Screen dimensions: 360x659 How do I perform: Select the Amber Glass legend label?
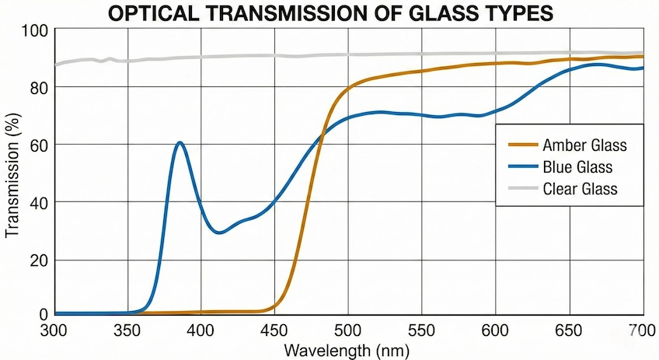pyautogui.click(x=585, y=145)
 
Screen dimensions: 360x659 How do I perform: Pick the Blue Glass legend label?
pyautogui.click(x=578, y=166)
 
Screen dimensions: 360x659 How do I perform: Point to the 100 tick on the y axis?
pyautogui.click(x=36, y=31)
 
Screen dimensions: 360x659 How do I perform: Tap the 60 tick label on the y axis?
pyautogui.click(x=39, y=145)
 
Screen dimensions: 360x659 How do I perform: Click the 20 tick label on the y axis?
pyautogui.click(x=39, y=260)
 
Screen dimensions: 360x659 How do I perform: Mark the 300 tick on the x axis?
pyautogui.click(x=55, y=329)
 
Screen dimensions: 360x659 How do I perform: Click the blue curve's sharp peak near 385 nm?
pyautogui.click(x=180, y=142)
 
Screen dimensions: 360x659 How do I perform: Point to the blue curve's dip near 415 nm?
pyautogui.click(x=220, y=232)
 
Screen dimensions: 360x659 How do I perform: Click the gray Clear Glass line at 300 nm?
pyautogui.click(x=55, y=65)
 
